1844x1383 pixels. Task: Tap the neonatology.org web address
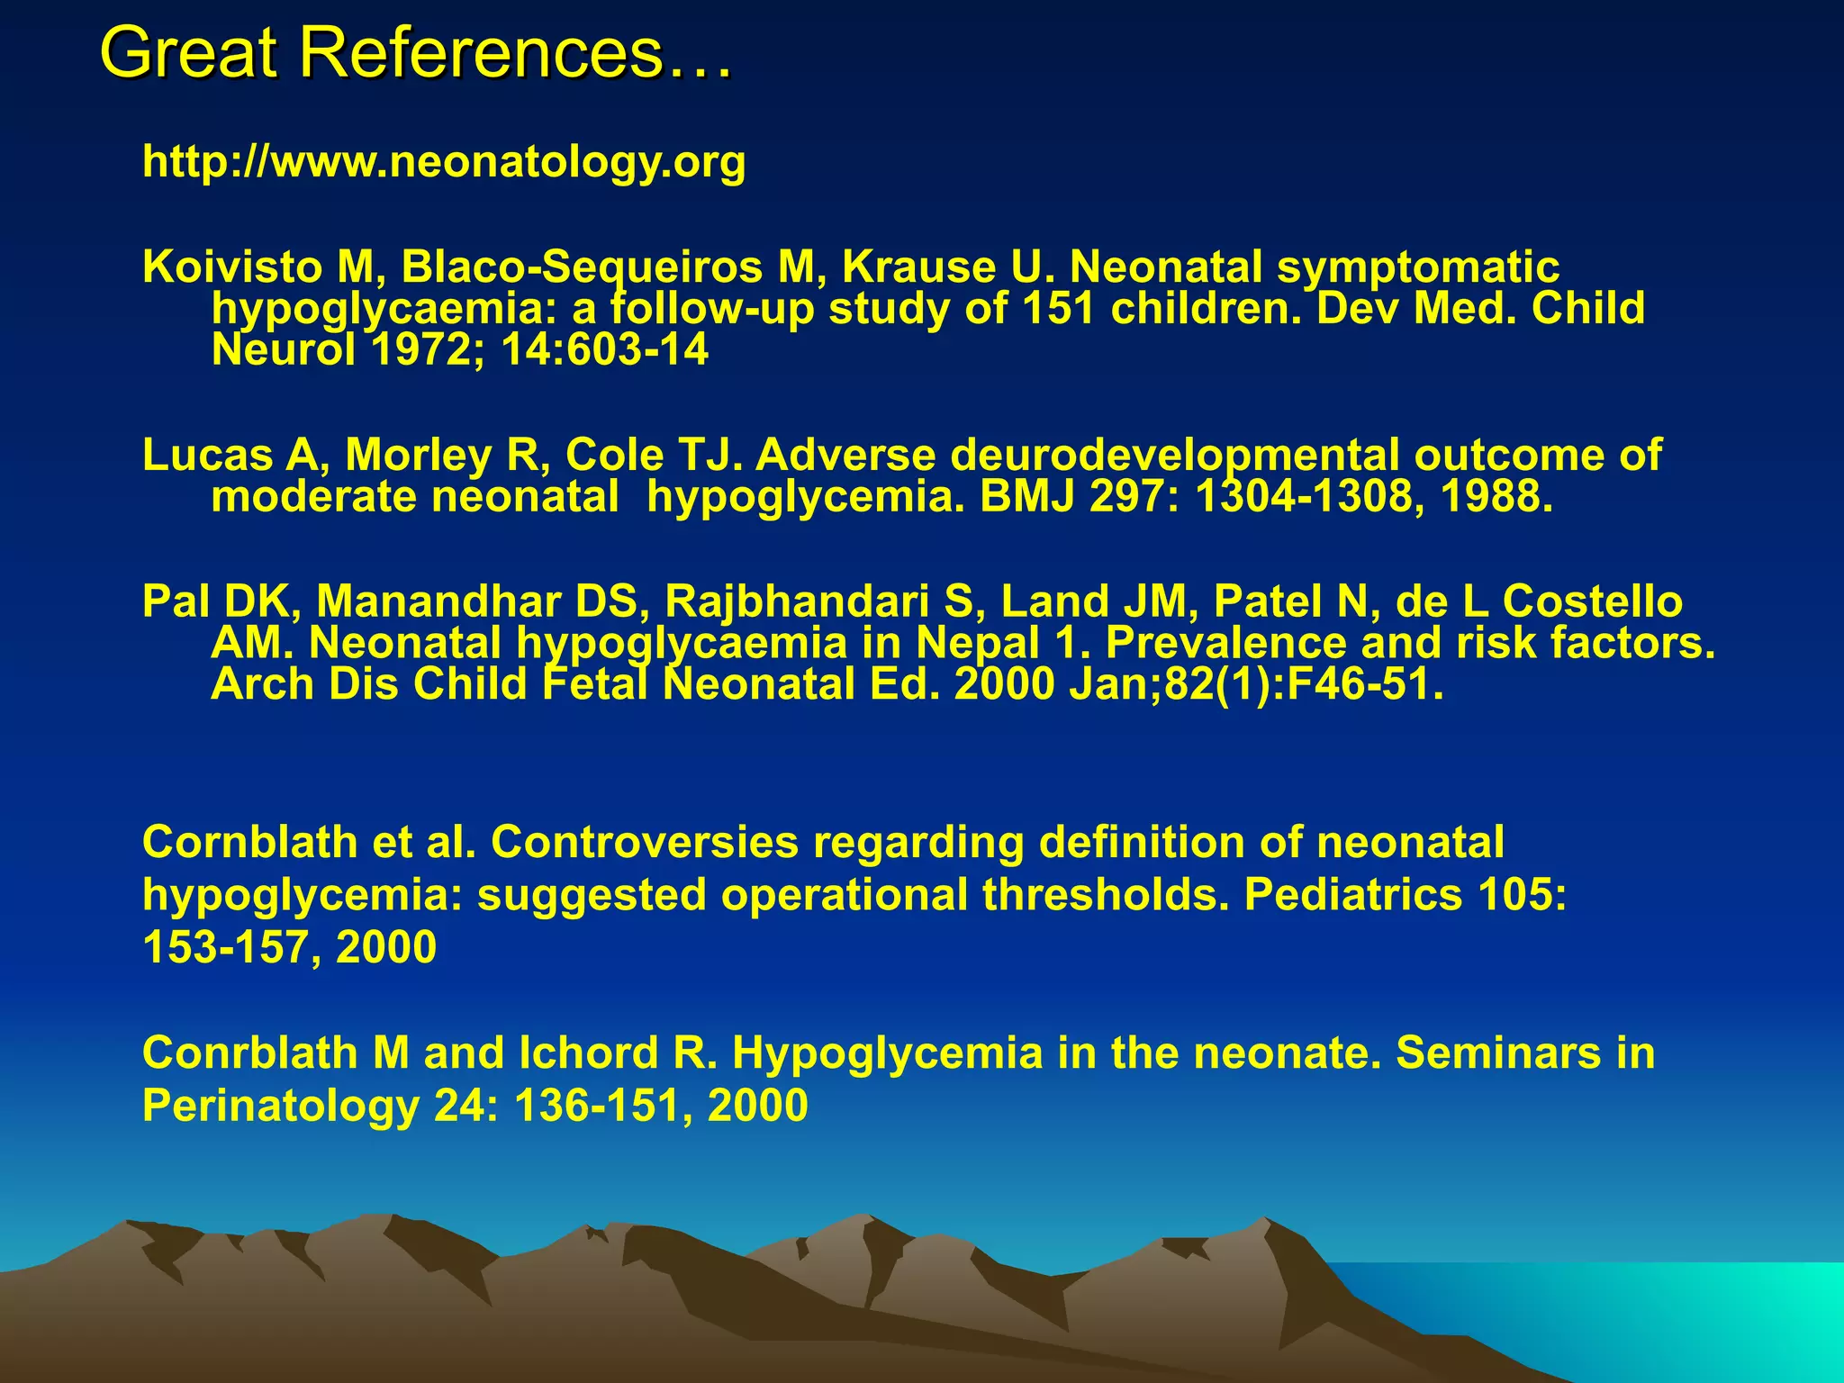point(444,162)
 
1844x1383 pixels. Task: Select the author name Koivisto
point(231,267)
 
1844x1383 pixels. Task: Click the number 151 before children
point(1058,309)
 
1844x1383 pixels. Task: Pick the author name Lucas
point(207,456)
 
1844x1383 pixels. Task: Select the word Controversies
point(645,843)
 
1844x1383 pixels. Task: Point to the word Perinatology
point(281,1106)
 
